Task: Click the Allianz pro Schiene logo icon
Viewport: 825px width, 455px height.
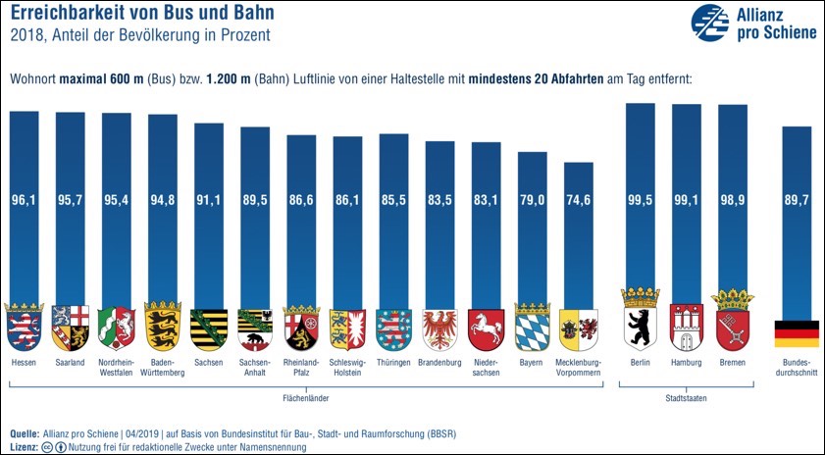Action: point(712,22)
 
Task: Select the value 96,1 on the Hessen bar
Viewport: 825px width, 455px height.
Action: point(25,201)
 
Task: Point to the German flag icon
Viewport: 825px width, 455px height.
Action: point(797,333)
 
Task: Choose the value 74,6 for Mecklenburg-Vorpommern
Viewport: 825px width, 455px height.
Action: point(579,201)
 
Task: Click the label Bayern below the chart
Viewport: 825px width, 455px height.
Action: point(532,363)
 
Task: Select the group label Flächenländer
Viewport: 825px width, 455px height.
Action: point(305,399)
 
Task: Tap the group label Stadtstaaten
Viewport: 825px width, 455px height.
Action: point(688,399)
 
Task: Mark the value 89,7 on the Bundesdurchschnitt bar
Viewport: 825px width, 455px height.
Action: point(797,201)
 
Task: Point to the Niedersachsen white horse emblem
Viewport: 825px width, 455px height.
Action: point(487,329)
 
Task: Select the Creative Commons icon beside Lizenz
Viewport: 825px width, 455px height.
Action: point(47,446)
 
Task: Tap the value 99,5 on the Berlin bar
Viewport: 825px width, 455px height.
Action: point(641,201)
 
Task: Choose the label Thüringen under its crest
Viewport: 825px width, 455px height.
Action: point(393,363)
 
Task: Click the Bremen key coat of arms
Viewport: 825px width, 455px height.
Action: point(733,323)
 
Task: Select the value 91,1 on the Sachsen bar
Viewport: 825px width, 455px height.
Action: point(209,201)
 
